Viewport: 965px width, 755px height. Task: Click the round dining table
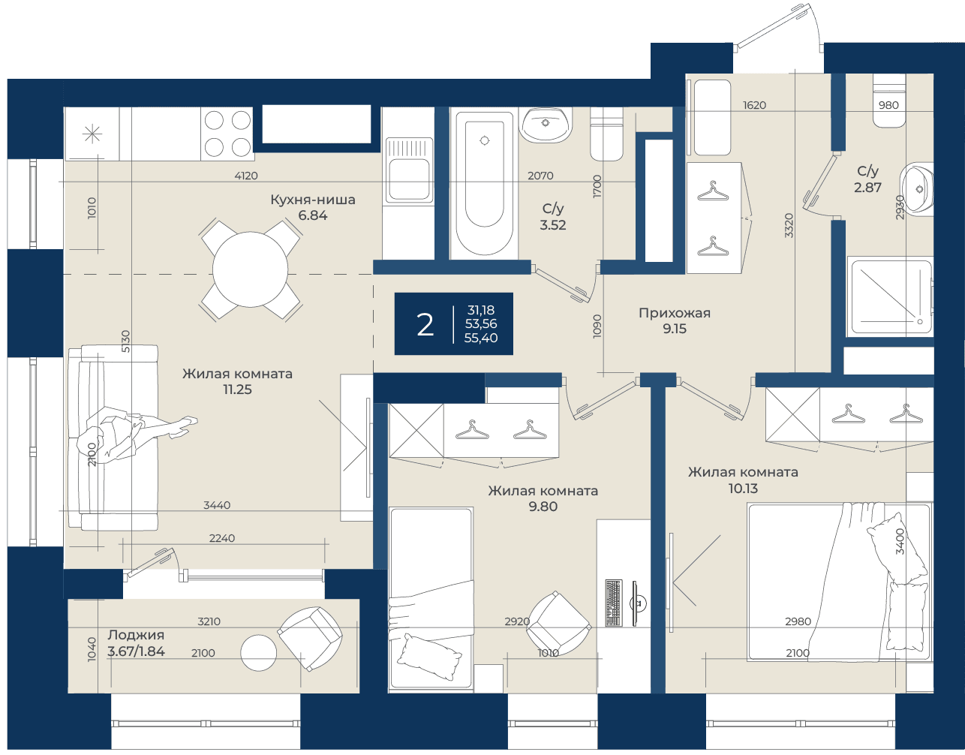click(x=250, y=269)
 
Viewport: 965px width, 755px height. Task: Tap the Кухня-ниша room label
click(x=313, y=200)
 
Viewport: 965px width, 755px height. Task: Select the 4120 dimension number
click(x=246, y=176)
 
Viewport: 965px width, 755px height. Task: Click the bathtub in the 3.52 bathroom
click(x=484, y=183)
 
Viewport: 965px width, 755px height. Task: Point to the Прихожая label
click(x=674, y=313)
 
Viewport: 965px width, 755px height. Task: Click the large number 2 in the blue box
click(x=425, y=325)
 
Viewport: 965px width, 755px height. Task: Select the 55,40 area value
click(x=481, y=338)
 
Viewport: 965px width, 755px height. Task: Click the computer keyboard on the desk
click(x=613, y=603)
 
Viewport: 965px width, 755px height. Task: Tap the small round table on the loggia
click(x=258, y=653)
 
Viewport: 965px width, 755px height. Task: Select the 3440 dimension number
click(x=217, y=505)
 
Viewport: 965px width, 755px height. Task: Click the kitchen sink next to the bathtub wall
click(x=409, y=170)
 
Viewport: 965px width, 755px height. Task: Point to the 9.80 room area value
click(x=543, y=507)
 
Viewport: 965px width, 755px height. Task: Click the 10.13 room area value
click(x=743, y=489)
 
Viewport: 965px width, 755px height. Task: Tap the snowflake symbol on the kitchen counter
click(x=92, y=134)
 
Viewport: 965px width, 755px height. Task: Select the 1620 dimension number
click(x=754, y=105)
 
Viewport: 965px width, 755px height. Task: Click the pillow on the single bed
click(x=429, y=657)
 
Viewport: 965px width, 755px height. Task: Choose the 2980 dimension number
click(x=798, y=621)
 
